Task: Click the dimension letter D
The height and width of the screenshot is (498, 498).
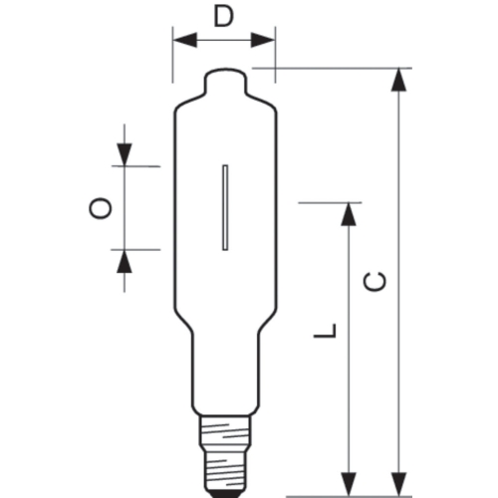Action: [x=223, y=16]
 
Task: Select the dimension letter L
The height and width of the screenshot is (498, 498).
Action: [x=326, y=331]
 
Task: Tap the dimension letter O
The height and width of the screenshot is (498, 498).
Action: [x=100, y=208]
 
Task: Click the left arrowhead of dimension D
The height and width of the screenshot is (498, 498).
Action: [x=185, y=40]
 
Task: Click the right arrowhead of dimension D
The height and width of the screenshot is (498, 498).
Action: [x=263, y=40]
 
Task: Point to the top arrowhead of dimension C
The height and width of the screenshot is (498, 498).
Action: [x=398, y=80]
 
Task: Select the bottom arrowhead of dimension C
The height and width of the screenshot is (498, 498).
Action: [x=398, y=484]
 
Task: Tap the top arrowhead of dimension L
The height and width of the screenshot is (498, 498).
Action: [x=349, y=214]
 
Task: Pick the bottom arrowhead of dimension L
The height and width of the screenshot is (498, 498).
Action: [x=349, y=484]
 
